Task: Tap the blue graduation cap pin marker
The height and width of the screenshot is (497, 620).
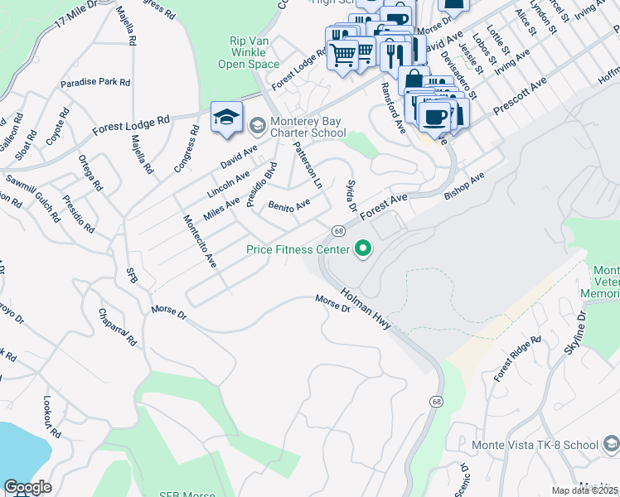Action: point(226,118)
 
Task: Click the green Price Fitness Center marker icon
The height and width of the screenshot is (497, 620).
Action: point(362,248)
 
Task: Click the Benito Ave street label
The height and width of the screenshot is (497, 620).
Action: point(288,204)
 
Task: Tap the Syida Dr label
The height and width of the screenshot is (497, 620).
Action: point(351,195)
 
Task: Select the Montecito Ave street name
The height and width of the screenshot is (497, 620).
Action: point(200,240)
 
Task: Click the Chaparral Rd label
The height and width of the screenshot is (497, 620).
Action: point(117,326)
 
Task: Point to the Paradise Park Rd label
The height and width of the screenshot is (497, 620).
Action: point(95,83)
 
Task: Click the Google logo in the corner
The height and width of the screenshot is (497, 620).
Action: point(28,488)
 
